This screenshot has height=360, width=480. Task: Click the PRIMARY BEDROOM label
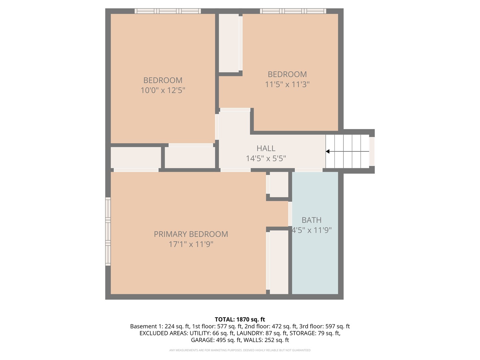point(191,234)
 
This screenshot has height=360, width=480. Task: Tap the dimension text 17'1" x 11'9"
point(191,244)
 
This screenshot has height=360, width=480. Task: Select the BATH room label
point(311,220)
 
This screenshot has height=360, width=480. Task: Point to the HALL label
point(266,148)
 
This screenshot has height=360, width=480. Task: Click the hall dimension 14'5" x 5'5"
point(266,158)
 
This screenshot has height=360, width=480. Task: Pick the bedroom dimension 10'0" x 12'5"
point(163,90)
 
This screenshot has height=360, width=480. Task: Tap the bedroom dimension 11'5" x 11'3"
point(287,84)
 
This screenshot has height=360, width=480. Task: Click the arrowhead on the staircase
point(328,152)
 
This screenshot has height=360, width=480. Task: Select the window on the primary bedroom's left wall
point(108,231)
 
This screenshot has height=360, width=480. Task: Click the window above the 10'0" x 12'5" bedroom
point(168,11)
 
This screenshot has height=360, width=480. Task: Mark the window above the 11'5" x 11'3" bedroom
point(293,11)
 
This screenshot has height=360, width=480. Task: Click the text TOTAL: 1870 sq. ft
point(240,319)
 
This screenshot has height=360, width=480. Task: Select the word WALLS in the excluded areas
point(253,340)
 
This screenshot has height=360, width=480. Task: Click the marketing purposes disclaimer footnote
point(240,350)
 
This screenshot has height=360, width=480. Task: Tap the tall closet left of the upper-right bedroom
point(229,42)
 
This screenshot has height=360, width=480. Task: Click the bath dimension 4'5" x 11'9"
point(311,230)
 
